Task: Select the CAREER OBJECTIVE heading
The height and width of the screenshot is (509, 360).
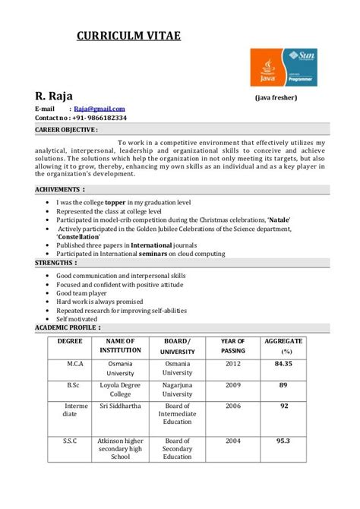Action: click(x=66, y=130)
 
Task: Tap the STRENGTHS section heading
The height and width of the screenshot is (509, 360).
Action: click(x=57, y=262)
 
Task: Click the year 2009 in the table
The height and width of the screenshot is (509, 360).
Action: click(x=232, y=385)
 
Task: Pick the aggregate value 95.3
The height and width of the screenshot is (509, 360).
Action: click(x=283, y=441)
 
